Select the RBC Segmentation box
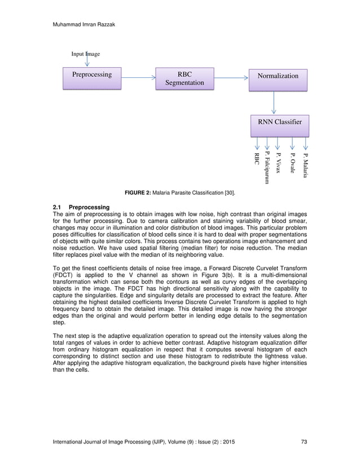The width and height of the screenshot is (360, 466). (185, 79)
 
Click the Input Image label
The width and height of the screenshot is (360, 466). (85, 54)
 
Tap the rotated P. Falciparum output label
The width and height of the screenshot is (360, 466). (266, 168)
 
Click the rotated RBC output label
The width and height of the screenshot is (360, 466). (257, 159)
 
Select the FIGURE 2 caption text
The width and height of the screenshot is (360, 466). (179, 194)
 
